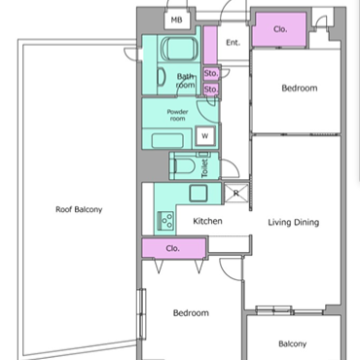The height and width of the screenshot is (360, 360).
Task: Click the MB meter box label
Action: click(176, 20)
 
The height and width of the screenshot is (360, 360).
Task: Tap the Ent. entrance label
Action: click(233, 43)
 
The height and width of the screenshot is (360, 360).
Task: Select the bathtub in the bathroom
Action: click(179, 49)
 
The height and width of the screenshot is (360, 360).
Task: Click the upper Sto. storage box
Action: click(211, 74)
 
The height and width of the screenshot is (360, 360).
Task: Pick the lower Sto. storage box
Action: click(211, 89)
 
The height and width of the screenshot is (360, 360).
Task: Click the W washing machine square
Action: click(205, 136)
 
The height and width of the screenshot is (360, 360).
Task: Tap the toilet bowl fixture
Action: click(185, 166)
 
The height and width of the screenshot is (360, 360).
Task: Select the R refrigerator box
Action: click(236, 194)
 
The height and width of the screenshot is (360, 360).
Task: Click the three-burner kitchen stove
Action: click(165, 220)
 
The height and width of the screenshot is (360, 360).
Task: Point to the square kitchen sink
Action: click(198, 194)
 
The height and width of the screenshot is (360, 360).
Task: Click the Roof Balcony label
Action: click(79, 209)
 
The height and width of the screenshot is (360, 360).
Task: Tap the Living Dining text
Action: click(294, 223)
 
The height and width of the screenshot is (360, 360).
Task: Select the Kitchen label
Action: click(207, 221)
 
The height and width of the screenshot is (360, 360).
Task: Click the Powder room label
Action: click(177, 115)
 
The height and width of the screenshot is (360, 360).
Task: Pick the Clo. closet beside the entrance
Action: click(279, 29)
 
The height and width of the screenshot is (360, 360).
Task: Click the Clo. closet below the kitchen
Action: click(173, 248)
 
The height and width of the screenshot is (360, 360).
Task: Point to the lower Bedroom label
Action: click(191, 313)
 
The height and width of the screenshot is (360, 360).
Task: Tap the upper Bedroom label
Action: click(300, 89)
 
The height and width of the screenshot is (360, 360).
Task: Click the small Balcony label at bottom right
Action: click(292, 343)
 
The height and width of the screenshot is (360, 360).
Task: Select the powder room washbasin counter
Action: click(167, 139)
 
